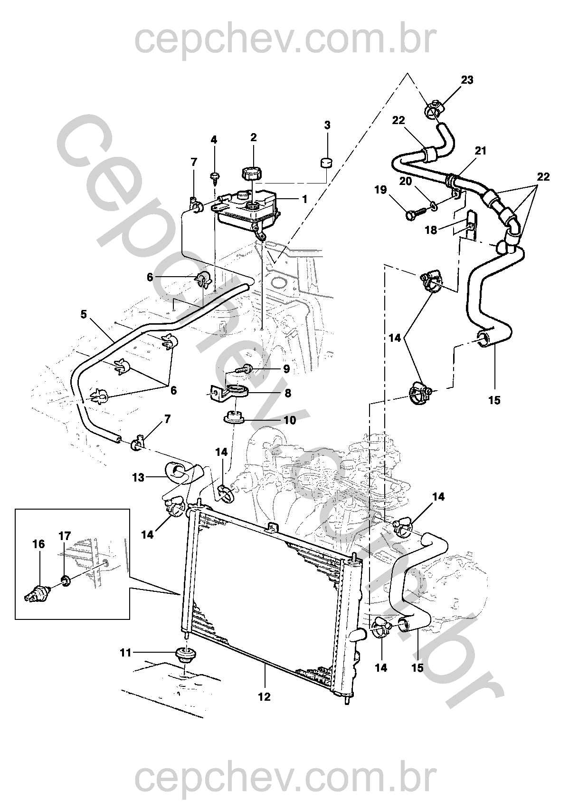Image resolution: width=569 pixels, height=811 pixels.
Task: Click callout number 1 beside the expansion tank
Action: pyautogui.click(x=304, y=199)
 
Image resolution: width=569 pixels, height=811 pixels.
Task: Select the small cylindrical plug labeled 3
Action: pyautogui.click(x=325, y=163)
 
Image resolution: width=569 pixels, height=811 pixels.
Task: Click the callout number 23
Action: pyautogui.click(x=467, y=80)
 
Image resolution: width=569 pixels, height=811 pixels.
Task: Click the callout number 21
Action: pyautogui.click(x=481, y=151)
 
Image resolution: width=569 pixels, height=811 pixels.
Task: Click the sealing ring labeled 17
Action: pyautogui.click(x=65, y=579)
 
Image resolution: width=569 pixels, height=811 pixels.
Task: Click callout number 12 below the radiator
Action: pyautogui.click(x=264, y=697)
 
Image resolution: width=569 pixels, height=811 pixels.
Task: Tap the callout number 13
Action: pyautogui.click(x=138, y=477)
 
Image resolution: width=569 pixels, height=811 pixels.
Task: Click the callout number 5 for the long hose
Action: pyautogui.click(x=84, y=314)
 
